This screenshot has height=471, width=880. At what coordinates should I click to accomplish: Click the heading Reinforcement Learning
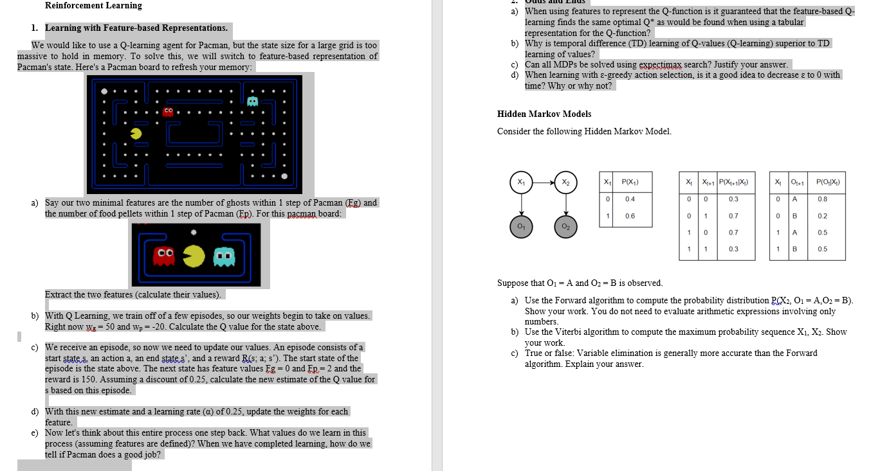(x=93, y=6)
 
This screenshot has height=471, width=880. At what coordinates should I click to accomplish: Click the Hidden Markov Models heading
(x=544, y=114)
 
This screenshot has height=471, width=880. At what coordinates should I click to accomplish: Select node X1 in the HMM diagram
(x=520, y=181)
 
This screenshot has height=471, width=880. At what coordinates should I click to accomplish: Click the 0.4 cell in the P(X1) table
(x=630, y=199)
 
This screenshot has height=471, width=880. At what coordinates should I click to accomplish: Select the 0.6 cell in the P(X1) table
(x=630, y=216)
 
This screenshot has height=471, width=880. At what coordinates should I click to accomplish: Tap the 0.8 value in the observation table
(x=822, y=199)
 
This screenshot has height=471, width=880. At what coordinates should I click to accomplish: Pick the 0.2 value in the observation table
(x=822, y=216)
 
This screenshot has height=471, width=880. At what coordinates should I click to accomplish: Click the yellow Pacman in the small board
(x=194, y=258)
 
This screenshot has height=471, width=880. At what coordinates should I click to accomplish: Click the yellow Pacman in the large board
(x=136, y=133)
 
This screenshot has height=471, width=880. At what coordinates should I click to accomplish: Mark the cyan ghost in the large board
(x=252, y=101)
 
